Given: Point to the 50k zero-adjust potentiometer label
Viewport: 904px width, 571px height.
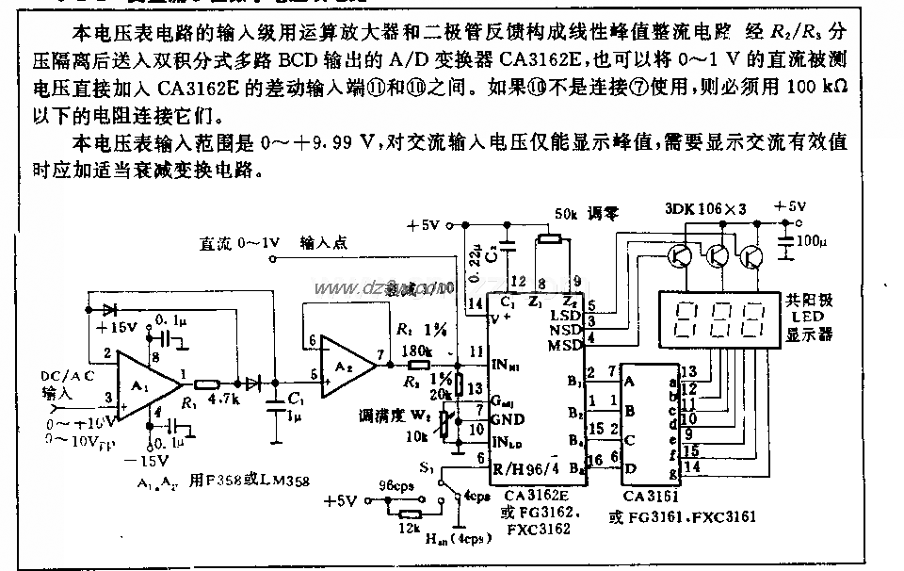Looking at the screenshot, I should tap(569, 213).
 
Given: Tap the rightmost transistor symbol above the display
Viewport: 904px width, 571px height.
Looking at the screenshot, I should tap(751, 255).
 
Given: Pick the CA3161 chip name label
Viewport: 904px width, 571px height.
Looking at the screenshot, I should tap(650, 496).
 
